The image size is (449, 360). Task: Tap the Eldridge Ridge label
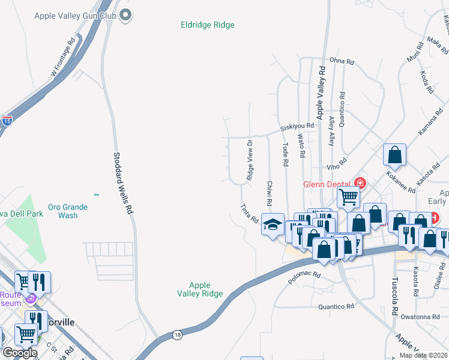(207, 25)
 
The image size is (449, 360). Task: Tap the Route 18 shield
(177, 335)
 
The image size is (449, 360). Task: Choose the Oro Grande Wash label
(68, 211)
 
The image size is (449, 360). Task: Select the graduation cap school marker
(272, 225)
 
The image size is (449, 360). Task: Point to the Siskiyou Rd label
(297, 127)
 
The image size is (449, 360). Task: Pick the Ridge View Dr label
(250, 160)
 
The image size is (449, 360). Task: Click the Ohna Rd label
(342, 61)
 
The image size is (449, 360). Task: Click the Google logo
(20, 353)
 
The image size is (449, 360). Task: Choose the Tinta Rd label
(249, 213)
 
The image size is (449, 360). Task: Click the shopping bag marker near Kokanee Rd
(395, 155)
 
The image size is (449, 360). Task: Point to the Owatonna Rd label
(421, 317)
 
